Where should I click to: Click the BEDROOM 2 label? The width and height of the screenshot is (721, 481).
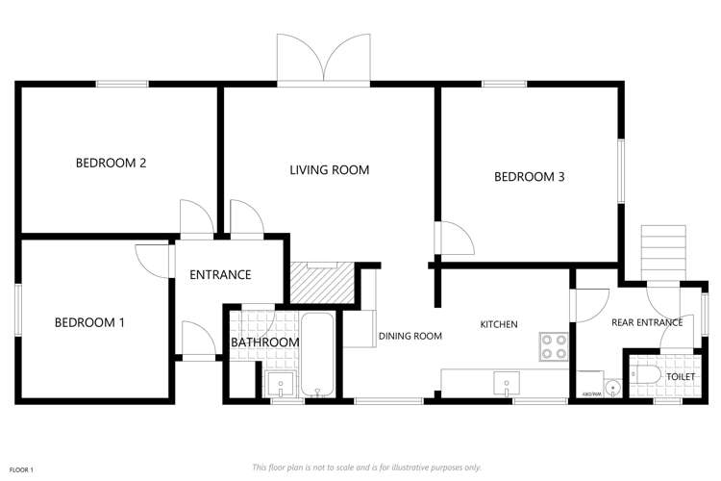point(111,163)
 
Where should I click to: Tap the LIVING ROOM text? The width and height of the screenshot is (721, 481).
point(330,170)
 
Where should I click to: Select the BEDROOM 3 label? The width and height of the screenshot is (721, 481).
point(529,177)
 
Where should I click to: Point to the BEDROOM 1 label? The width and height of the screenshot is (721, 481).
point(89,322)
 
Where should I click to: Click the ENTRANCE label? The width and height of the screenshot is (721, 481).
point(220,275)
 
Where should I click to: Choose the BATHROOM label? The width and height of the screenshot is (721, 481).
point(264,342)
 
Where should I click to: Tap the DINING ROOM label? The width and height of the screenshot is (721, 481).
point(410,336)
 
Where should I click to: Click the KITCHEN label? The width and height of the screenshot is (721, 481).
point(499,324)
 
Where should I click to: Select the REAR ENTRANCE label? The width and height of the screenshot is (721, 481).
point(646,322)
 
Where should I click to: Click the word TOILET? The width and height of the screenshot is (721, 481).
point(681,376)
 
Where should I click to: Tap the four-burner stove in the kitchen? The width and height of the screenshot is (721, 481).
point(554,345)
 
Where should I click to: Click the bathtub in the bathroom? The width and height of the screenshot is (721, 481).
point(316,355)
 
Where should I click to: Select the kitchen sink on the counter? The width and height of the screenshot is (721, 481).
point(506,384)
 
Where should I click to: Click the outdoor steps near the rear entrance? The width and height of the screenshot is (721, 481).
point(662,251)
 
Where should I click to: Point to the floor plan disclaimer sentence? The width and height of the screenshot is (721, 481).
point(366,467)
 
